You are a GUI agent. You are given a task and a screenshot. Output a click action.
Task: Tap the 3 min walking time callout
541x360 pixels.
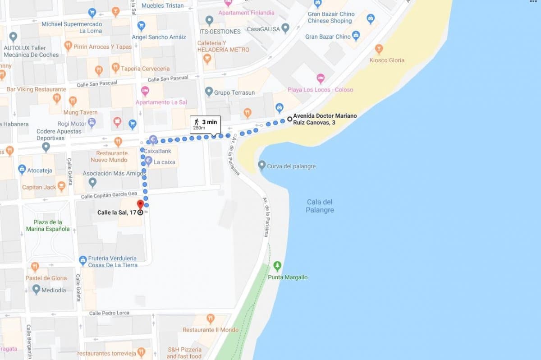click(205, 125)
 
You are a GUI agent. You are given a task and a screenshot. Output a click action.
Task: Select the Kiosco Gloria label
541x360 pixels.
click(387, 60)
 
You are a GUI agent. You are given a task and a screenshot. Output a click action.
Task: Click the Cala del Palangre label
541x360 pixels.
click(320, 206)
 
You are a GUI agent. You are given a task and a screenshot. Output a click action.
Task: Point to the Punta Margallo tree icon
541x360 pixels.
click(277, 266)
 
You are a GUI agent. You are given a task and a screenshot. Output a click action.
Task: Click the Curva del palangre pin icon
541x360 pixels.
click(261, 166)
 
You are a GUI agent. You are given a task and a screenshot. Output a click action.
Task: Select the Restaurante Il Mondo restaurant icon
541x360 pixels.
click(210, 319)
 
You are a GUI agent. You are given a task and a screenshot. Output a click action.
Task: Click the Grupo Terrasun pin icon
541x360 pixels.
click(208, 92)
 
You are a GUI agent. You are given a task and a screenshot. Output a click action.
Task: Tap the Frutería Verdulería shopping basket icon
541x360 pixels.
click(83, 260)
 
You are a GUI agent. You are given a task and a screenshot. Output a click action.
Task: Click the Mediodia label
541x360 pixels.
click(54, 291)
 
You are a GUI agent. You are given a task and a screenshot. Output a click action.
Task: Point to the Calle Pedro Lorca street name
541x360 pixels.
click(109, 313)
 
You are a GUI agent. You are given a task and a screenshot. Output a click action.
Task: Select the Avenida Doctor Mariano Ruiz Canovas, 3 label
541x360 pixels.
click(325, 119)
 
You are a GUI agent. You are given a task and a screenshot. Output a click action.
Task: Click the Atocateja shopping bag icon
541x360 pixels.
click(22, 170)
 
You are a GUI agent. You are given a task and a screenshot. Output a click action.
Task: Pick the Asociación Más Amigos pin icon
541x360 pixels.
click(92, 182)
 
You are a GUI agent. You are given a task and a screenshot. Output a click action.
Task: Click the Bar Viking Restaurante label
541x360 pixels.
click(30, 89)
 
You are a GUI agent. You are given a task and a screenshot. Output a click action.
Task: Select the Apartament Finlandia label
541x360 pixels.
click(246, 13)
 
